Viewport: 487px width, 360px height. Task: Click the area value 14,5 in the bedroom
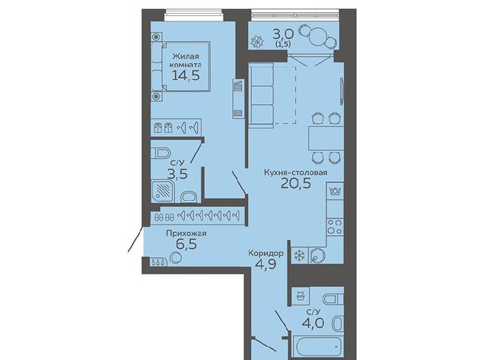click(x=186, y=75)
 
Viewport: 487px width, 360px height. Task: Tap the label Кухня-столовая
click(x=295, y=173)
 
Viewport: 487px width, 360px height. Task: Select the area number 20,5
click(x=296, y=184)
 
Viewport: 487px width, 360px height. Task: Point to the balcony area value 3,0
click(x=283, y=33)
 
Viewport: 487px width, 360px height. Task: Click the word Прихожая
click(x=186, y=233)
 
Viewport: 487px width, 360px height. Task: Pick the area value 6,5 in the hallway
click(x=186, y=244)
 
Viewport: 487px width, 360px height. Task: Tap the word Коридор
click(x=266, y=253)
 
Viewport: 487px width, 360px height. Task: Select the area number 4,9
click(x=266, y=265)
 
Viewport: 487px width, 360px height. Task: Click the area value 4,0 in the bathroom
click(x=313, y=323)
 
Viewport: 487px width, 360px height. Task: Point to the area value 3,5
click(x=177, y=174)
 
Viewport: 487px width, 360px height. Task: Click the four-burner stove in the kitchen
click(x=335, y=227)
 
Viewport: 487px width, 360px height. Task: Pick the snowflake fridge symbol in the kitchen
click(x=300, y=256)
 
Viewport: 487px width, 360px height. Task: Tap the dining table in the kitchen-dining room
click(x=326, y=138)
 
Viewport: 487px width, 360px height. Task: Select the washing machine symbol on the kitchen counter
click(x=335, y=191)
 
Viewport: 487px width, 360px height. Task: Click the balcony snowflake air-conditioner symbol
click(x=257, y=42)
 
